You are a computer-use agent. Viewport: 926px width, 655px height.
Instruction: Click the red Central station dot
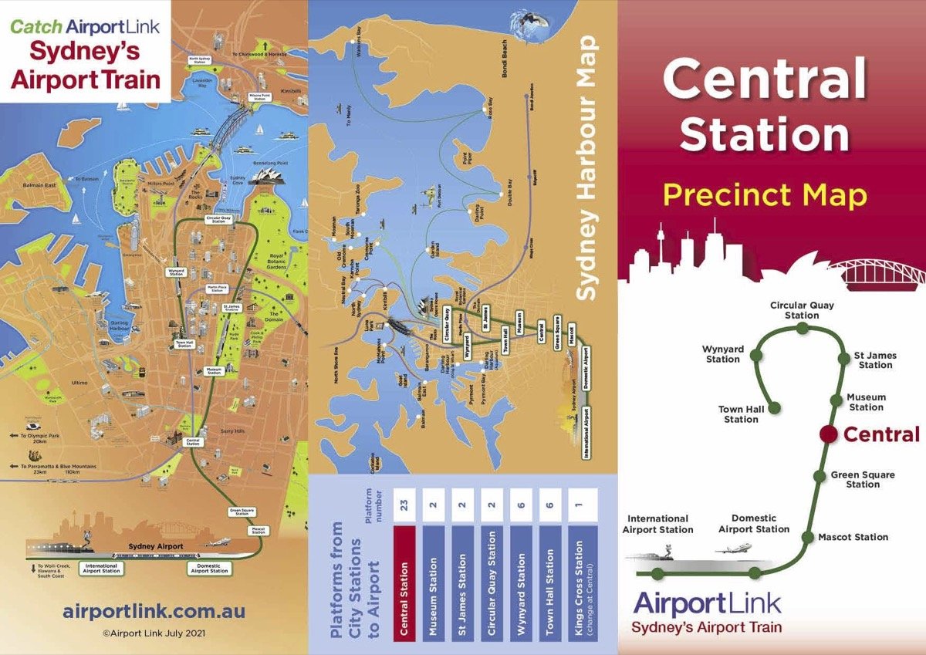point(828,434)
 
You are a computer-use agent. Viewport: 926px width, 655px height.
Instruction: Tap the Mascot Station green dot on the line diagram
point(807,537)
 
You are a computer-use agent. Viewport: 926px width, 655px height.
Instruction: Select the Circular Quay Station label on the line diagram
point(802,310)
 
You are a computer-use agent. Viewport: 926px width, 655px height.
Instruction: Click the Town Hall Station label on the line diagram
point(741,414)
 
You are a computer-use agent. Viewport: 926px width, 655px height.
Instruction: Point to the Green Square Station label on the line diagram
point(863,479)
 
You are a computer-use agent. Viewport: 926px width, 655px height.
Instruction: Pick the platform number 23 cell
point(404,505)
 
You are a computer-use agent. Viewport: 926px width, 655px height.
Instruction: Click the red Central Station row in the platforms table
point(404,582)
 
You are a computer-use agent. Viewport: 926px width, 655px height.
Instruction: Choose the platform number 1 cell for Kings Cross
point(587,505)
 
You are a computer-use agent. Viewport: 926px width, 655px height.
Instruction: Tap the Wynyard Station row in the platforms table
point(521,582)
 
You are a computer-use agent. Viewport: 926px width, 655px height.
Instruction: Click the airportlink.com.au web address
point(154,611)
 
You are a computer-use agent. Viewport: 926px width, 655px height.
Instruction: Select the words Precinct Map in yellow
point(765,196)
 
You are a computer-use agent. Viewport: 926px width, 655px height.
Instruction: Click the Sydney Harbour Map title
point(590,167)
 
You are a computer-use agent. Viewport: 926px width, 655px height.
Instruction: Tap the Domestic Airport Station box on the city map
point(209,569)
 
